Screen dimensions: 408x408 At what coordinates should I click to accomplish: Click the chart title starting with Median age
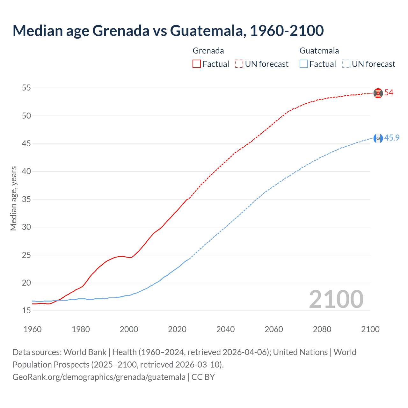[x=168, y=31]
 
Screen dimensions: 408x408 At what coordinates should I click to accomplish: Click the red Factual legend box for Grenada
[x=197, y=64]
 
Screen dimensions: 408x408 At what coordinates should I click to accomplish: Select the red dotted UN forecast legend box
[x=239, y=64]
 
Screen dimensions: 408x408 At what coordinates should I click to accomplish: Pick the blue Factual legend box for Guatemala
[x=304, y=64]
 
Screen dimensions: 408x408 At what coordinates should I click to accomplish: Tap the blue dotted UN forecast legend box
[x=346, y=64]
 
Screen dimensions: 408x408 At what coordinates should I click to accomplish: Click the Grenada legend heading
[x=208, y=51]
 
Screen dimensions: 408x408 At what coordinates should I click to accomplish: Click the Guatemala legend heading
[x=319, y=51]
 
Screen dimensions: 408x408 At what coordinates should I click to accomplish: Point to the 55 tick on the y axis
[x=26, y=88]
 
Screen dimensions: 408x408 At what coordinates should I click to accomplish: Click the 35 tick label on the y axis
[x=26, y=199]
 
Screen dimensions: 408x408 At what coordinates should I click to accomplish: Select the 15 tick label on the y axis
[x=26, y=310]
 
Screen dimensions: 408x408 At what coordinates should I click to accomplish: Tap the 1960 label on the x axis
[x=33, y=329]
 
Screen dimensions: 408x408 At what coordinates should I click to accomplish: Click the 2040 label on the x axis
[x=225, y=329]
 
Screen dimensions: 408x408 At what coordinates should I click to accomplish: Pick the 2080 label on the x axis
[x=322, y=329]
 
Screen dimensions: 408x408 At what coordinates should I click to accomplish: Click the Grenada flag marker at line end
[x=378, y=93]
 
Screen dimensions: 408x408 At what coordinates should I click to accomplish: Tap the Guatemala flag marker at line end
[x=378, y=138]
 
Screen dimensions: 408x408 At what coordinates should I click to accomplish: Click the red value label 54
[x=389, y=93]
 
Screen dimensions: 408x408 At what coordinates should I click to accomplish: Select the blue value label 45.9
[x=392, y=138]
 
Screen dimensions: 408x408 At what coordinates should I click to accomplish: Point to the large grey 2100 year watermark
[x=336, y=299]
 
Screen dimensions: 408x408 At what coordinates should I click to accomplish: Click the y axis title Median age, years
[x=13, y=198]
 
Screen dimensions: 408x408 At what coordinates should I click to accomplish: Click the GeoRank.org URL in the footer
[x=99, y=377]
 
